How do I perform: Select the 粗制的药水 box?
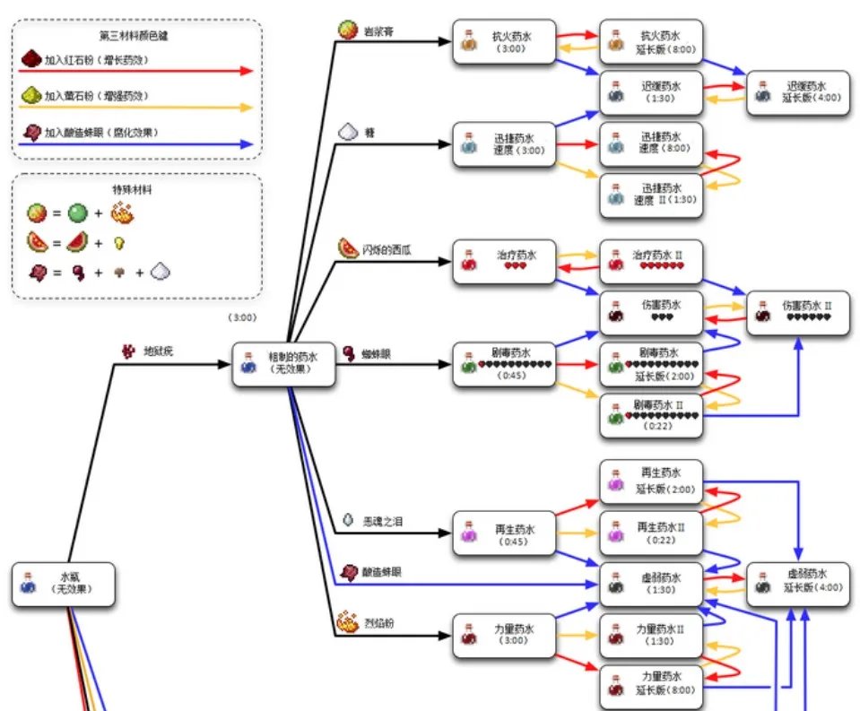tap(284, 364)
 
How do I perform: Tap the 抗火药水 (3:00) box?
tap(503, 42)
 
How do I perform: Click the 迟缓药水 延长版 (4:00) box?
tap(798, 91)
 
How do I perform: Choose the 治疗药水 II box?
tap(651, 260)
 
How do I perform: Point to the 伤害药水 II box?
tap(798, 312)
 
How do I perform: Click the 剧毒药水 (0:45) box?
tap(503, 364)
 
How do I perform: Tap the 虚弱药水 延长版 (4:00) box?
tap(798, 585)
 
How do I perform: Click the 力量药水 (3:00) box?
tap(503, 636)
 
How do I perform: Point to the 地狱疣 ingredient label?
tap(158, 351)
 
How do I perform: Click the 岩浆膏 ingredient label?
tap(378, 31)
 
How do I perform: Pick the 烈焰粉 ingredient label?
tap(377, 621)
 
